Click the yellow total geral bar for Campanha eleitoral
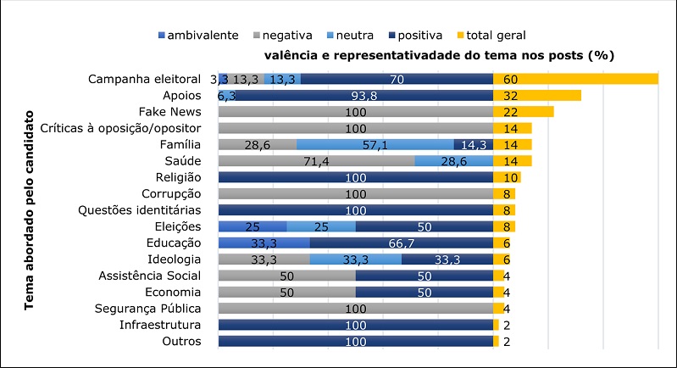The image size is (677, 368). pos(575,79)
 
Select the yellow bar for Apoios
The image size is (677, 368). pos(537,95)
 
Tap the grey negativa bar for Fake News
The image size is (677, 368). pos(356,112)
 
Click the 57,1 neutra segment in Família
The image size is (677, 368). pos(375,144)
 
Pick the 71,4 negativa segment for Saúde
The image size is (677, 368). pos(317,161)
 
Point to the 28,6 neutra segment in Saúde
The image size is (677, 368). pos(454,161)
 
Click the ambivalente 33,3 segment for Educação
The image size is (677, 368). pos(264,243)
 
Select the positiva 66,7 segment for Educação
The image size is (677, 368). pos(402,243)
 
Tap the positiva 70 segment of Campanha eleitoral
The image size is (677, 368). pos(397,79)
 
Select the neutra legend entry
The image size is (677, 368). pos(352,35)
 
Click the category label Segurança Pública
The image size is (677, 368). pos(150,308)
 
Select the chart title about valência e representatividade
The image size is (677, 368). pos(438,55)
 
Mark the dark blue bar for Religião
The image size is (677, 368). pos(356,177)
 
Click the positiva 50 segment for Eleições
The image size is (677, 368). pos(425,226)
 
